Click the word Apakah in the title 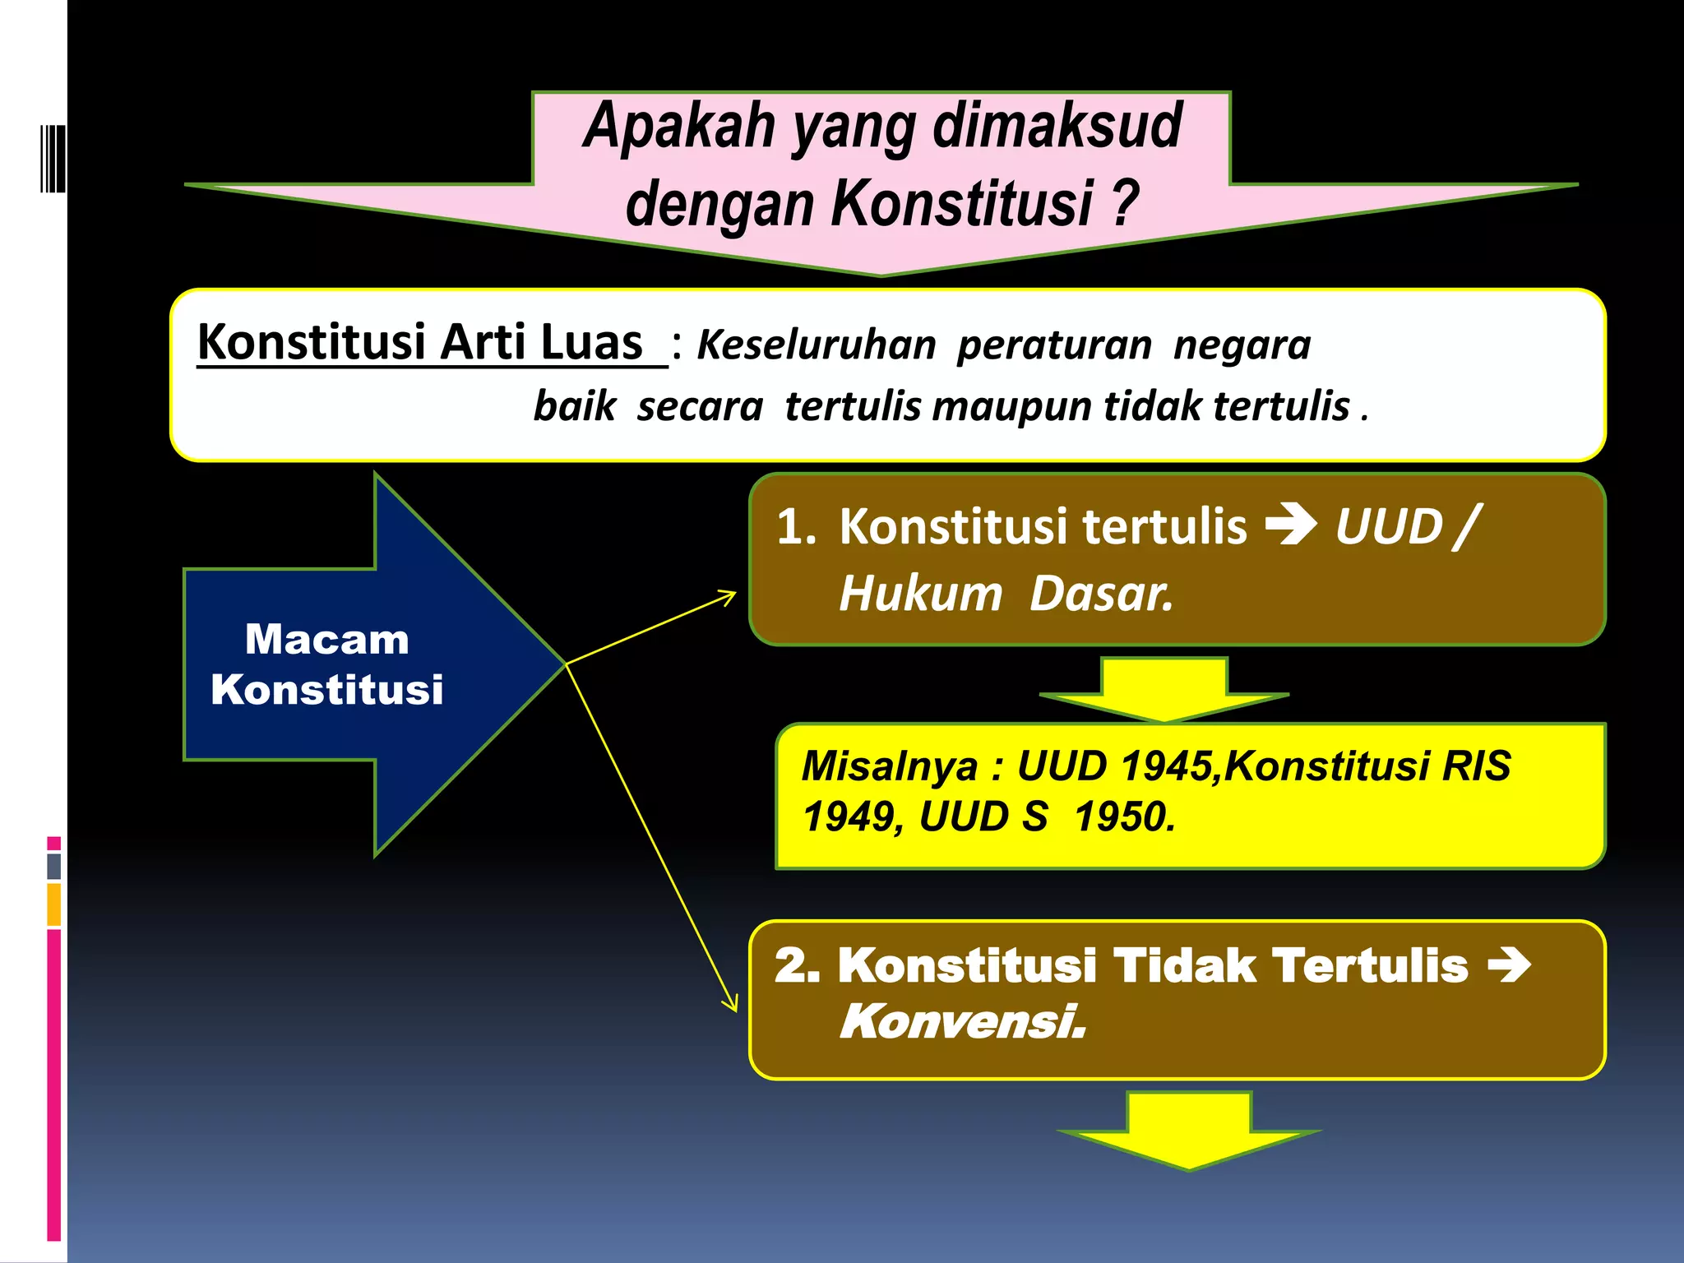[x=679, y=127]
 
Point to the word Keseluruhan [x=816, y=345]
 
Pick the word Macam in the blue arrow [x=326, y=640]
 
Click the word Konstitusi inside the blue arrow [x=326, y=689]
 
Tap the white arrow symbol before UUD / [x=1291, y=525]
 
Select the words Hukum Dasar [x=1006, y=594]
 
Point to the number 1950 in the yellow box [x=1124, y=817]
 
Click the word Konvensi [x=962, y=1022]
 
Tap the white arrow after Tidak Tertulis [x=1509, y=965]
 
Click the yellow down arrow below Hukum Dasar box [x=1164, y=689]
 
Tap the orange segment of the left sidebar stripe [x=54, y=904]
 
